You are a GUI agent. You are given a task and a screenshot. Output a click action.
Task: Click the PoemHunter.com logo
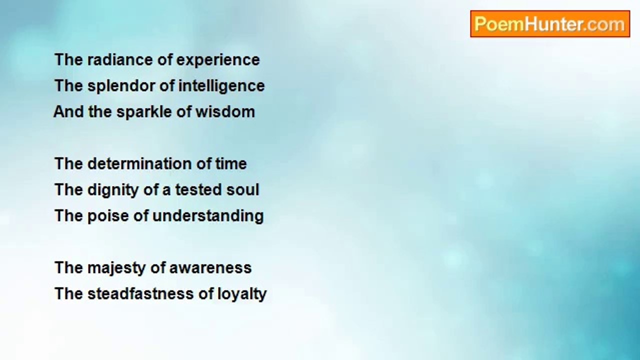550,24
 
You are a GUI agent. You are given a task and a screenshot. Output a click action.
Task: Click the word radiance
120,59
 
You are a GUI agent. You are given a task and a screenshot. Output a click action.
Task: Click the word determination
139,163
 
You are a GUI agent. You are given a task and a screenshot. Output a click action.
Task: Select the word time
231,163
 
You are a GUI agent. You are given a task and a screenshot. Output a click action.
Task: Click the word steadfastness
140,293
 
